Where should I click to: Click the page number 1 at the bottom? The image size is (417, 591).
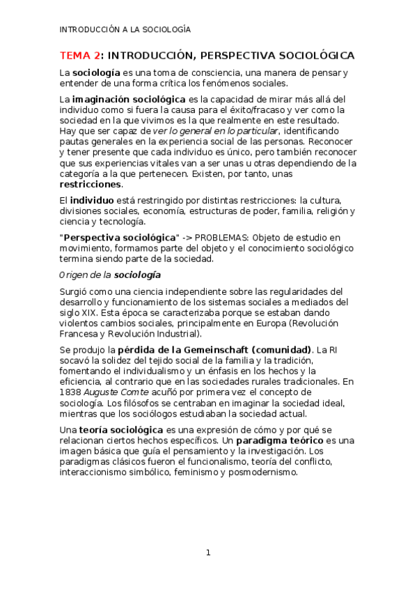pos(207,553)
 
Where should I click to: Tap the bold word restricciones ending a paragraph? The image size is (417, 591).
pos(91,185)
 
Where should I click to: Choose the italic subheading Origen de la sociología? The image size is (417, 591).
pos(109,275)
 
